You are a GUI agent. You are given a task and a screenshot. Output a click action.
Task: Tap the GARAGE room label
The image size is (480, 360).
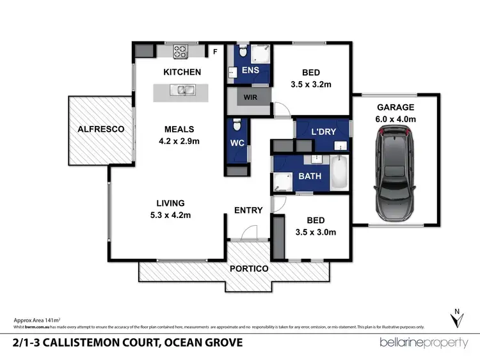tap(396, 107)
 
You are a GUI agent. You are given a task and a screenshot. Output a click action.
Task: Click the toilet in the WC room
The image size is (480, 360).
tap(236, 123)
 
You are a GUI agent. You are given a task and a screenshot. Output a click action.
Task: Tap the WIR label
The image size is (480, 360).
tap(249, 98)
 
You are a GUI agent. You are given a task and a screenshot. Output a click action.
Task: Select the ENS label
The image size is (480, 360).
tap(250, 70)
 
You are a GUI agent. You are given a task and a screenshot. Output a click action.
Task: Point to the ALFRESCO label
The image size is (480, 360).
tap(100, 129)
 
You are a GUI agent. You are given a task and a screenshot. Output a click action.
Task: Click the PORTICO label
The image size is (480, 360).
tap(250, 269)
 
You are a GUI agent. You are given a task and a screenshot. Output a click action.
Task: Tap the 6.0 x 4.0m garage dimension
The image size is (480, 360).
tap(396, 119)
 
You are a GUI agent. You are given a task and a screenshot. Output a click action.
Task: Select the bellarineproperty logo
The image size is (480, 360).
tap(424, 343)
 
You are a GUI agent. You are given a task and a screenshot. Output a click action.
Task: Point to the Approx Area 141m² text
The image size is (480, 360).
tap(36, 319)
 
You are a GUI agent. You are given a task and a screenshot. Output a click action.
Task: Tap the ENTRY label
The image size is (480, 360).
tap(248, 210)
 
